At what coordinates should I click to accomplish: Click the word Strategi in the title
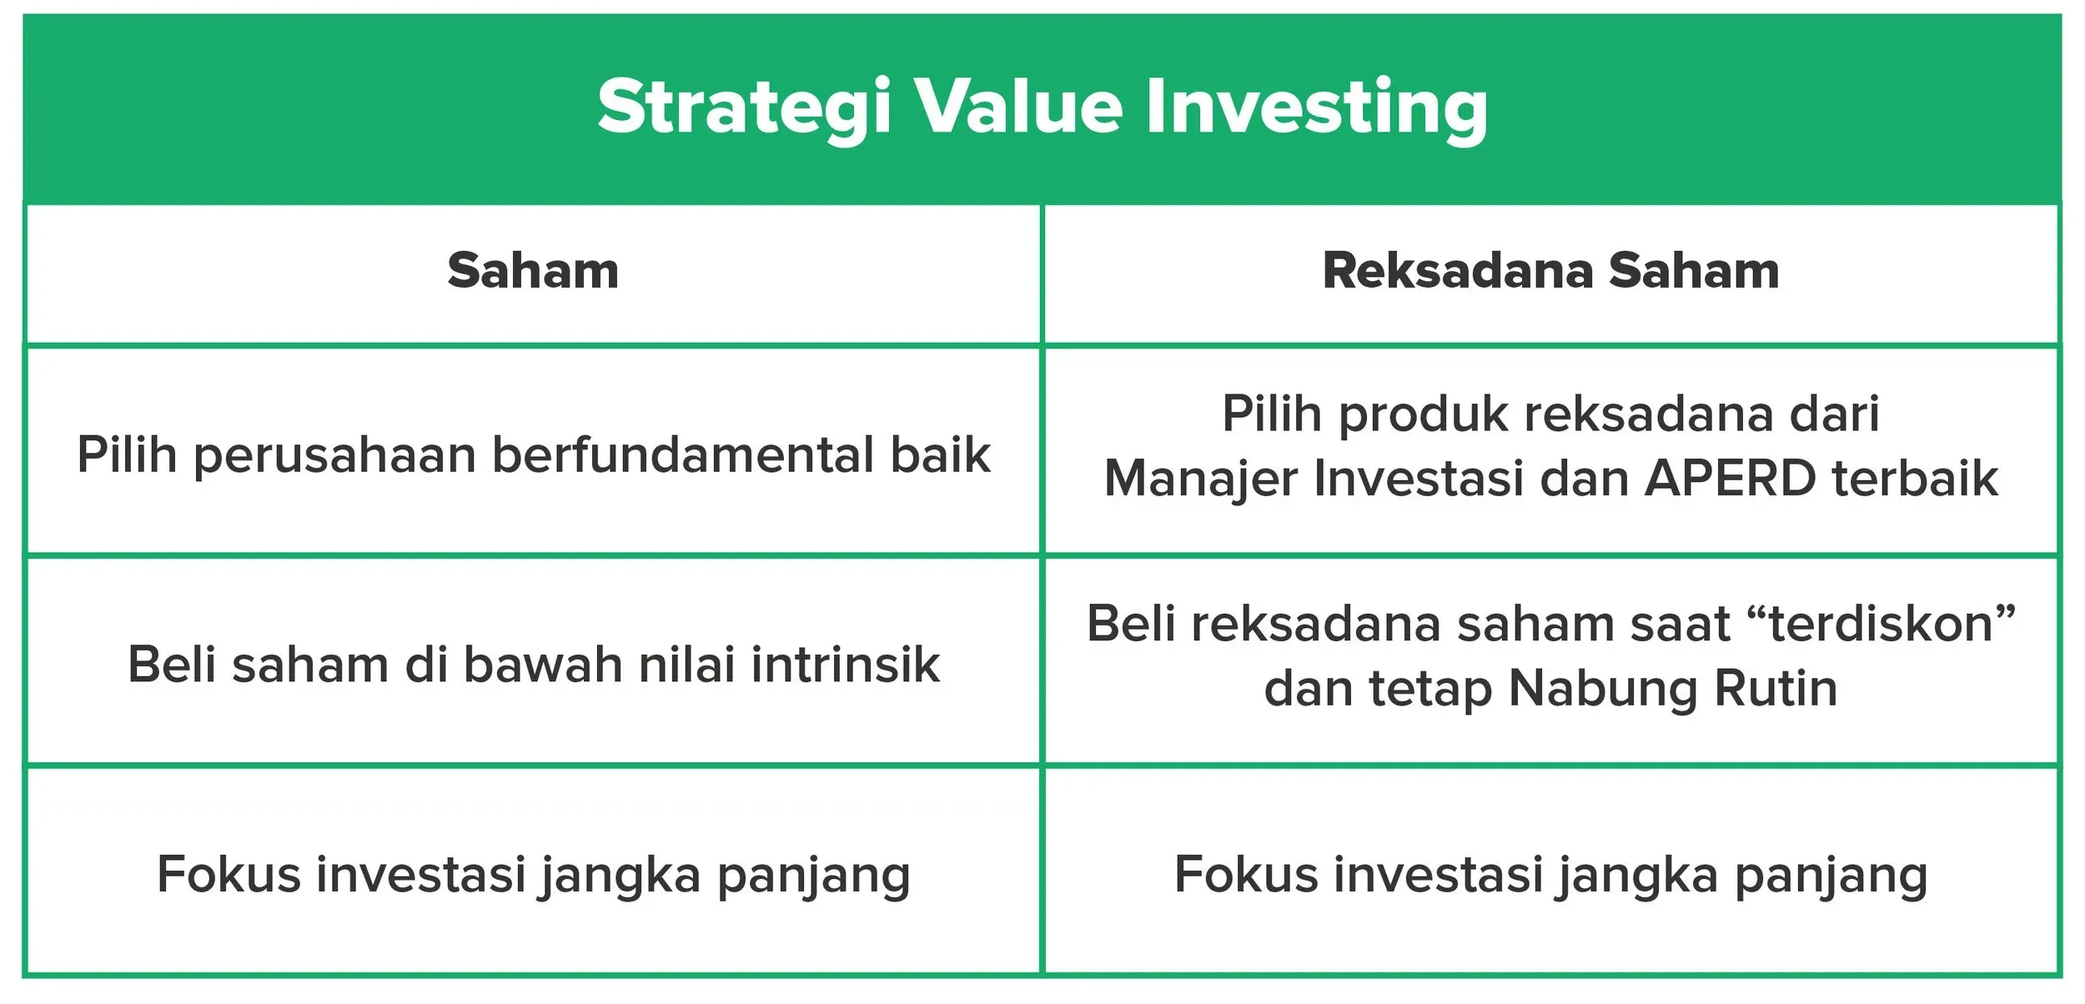(744, 108)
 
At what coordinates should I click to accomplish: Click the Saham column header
(533, 271)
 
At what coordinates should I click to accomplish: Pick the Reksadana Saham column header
(1550, 271)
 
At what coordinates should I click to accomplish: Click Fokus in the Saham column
(229, 875)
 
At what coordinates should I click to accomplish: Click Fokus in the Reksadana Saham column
(1246, 875)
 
